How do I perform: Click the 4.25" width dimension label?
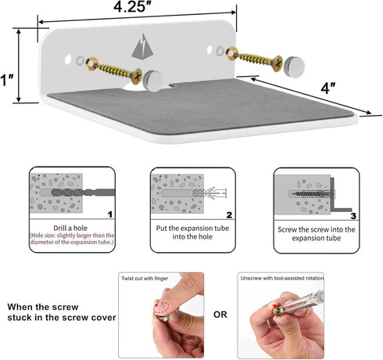tap(133, 6)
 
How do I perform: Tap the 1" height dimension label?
tap(7, 80)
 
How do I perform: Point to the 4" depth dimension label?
tap(328, 88)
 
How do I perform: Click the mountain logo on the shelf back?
tap(142, 46)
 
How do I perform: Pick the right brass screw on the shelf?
tap(254, 59)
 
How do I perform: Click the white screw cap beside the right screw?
tap(294, 67)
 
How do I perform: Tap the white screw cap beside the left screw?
tap(153, 81)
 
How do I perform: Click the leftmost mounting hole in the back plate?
tap(68, 59)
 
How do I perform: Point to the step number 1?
tap(110, 214)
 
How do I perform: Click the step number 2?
tap(229, 215)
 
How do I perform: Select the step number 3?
tap(353, 216)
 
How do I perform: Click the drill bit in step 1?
tap(83, 193)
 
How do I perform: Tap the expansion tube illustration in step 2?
tap(209, 193)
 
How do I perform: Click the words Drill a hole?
tap(70, 228)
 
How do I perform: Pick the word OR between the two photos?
tap(220, 315)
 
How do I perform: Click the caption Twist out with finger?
tap(145, 279)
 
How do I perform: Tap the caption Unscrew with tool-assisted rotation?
tap(282, 279)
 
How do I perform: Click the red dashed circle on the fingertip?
tap(161, 308)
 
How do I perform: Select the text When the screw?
tap(43, 307)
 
